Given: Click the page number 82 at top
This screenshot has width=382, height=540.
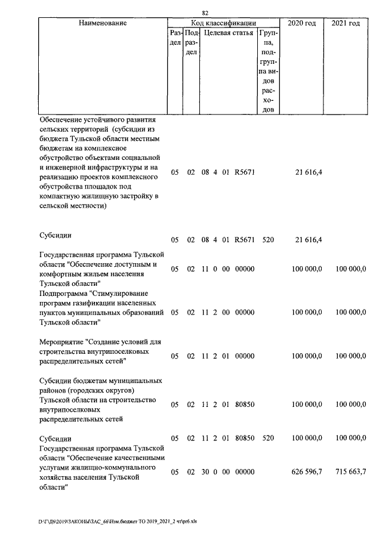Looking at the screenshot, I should (x=205, y=13).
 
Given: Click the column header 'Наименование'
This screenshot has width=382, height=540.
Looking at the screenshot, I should (x=102, y=23).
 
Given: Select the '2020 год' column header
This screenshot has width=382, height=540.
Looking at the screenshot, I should (x=302, y=23).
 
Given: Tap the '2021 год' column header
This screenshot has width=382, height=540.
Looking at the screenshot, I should (x=345, y=23).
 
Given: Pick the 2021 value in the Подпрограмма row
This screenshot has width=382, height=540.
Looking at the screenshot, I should (x=350, y=312).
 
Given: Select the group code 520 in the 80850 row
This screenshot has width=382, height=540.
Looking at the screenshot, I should (x=268, y=438).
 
